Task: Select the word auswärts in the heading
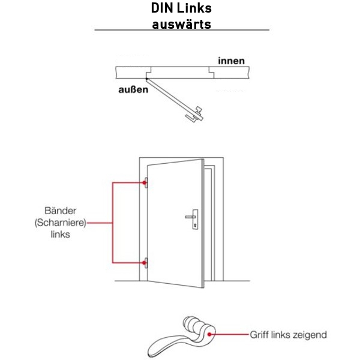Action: click(181, 24)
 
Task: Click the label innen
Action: click(231, 61)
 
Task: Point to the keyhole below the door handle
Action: click(196, 226)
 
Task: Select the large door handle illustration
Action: click(180, 339)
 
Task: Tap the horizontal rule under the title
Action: click(181, 30)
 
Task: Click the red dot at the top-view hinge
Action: click(146, 78)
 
